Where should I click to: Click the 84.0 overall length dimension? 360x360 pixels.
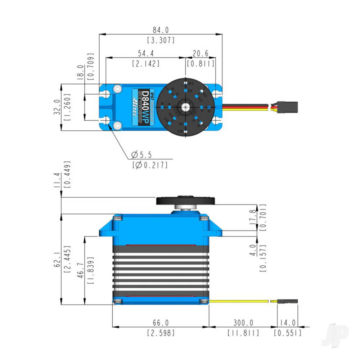pyautogui.click(x=161, y=30)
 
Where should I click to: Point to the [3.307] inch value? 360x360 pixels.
pyautogui.click(x=161, y=40)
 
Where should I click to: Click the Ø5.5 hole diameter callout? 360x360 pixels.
pyautogui.click(x=142, y=155)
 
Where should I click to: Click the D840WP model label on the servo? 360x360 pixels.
pyautogui.click(x=145, y=107)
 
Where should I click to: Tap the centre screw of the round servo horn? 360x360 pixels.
pyautogui.click(x=186, y=107)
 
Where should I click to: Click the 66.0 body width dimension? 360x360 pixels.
pyautogui.click(x=161, y=323)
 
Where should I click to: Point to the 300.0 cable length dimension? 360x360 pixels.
pyautogui.click(x=243, y=323)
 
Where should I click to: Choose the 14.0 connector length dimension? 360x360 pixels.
pyautogui.click(x=288, y=323)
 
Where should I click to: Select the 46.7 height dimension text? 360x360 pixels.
pyautogui.click(x=80, y=265)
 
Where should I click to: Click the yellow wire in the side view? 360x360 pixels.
pyautogui.click(x=239, y=301)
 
